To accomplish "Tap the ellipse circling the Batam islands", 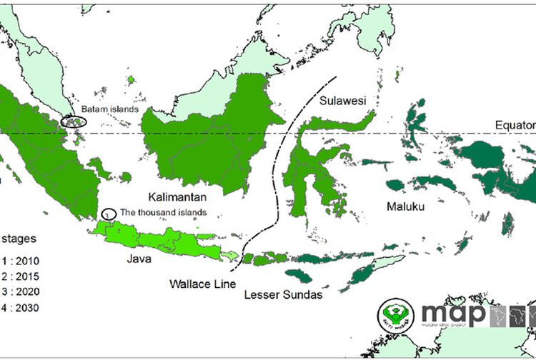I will point(74,121).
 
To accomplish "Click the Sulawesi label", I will point(343,101).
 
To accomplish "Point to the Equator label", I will point(515,126).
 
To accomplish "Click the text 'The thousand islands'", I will point(163,212).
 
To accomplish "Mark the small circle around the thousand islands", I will point(109,214).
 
